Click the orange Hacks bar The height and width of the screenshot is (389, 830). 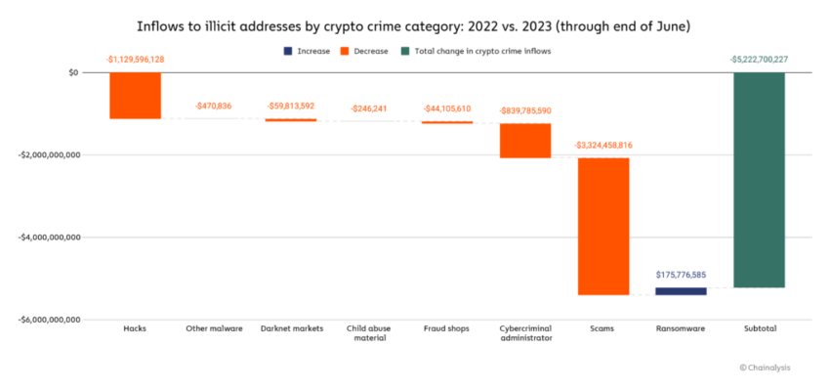coord(135,96)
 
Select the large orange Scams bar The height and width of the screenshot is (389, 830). coord(602,226)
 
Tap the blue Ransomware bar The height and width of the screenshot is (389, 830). coord(681,291)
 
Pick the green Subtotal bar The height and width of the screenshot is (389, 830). coord(759,180)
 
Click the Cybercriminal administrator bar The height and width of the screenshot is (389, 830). coord(525,141)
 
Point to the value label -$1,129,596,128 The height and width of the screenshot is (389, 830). coord(135,60)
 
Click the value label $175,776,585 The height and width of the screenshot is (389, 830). coord(681,275)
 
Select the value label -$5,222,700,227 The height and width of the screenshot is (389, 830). coord(759,60)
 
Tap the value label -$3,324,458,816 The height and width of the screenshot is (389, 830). coord(602,145)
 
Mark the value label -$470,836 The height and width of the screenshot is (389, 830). coord(213,106)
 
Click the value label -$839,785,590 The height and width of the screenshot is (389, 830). coord(525,111)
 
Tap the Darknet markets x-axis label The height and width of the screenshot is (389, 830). coord(291,328)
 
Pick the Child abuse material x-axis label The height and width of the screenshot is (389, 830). coord(369,333)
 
